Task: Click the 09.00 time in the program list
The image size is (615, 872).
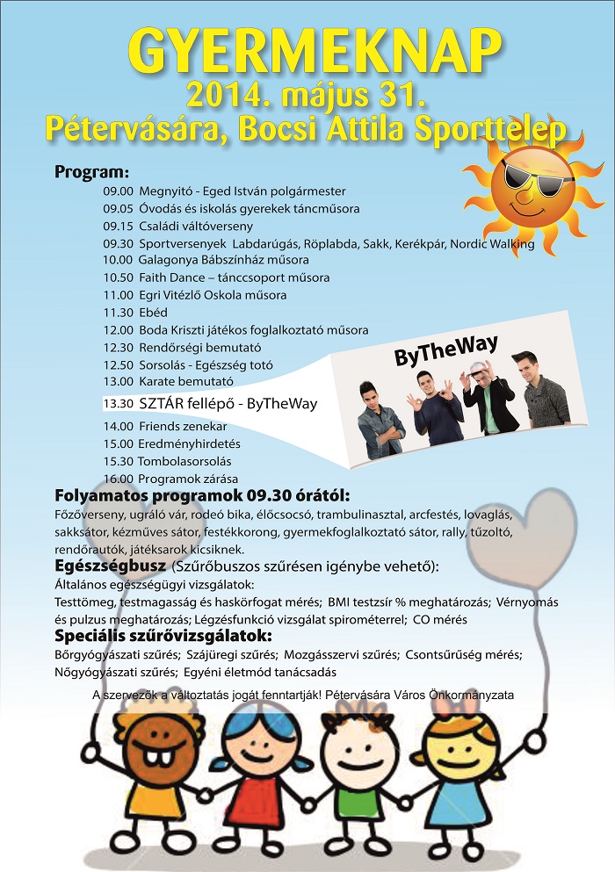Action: [x=117, y=191]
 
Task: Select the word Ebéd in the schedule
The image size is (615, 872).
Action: [x=153, y=313]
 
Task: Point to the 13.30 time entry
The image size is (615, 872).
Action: [x=117, y=404]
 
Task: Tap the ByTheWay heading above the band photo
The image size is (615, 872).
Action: [x=430, y=357]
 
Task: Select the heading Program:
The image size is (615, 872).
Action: [x=91, y=171]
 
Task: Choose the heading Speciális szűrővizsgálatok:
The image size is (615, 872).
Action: [x=163, y=636]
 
